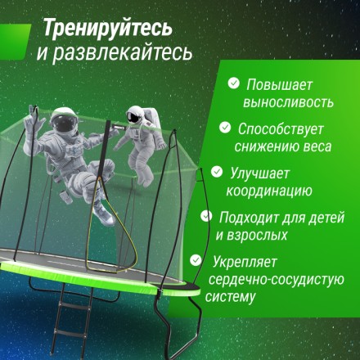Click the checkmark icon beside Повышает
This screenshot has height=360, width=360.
[234, 83]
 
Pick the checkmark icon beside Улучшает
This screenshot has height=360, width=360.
[217, 172]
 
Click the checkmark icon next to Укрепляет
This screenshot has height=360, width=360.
[196, 260]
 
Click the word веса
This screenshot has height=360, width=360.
[314, 146]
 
